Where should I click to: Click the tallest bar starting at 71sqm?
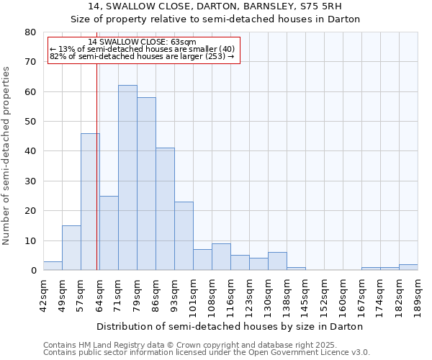pos(127,178)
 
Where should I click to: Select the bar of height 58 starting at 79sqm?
pos(146,184)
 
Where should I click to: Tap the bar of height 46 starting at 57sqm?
pos(90,202)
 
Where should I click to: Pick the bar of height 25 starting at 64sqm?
pos(109,233)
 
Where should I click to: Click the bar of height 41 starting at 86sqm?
pos(165,209)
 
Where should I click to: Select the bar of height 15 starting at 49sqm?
pos(71,248)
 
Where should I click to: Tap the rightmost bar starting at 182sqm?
pos(408,267)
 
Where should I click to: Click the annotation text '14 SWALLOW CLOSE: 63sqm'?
pos(142,42)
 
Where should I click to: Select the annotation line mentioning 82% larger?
pos(142,56)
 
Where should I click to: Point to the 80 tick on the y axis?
pos(30,32)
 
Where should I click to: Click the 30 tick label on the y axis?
pos(30,181)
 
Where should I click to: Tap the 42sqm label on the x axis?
pos(43,293)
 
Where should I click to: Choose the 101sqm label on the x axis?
pos(193,293)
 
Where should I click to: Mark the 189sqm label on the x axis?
pos(418,293)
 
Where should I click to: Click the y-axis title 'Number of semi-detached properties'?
pos(7,156)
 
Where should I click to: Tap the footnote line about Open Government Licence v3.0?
pos(207,353)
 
